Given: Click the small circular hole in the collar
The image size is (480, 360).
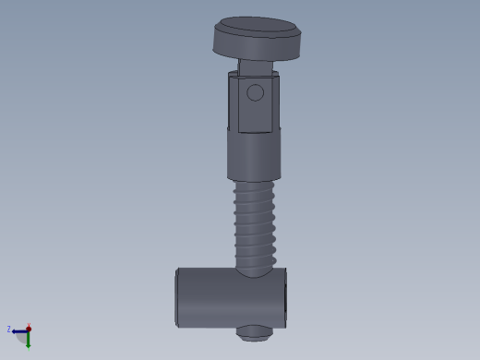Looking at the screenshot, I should (x=255, y=92).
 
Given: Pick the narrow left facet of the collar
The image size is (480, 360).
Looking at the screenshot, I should (x=234, y=102).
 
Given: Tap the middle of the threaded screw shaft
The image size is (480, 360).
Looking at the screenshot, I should (x=255, y=226).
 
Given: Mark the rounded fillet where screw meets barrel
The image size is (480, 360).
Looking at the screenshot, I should (x=255, y=269).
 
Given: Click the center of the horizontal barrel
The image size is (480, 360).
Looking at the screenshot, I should (x=231, y=297).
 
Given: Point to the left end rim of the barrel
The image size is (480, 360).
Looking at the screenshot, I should (x=177, y=297).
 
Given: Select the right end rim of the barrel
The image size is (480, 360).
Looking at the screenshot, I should (x=284, y=297).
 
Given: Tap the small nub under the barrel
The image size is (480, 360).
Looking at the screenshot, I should (x=253, y=333).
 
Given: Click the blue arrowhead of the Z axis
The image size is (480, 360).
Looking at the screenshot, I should (x=15, y=330).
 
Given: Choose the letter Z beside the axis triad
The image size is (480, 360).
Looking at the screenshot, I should (x=8, y=330).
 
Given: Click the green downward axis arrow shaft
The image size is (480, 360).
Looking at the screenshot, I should (x=28, y=339).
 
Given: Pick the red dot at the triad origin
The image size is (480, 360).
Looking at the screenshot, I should (x=29, y=328).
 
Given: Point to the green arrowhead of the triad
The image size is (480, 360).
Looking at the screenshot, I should (x=28, y=346).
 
